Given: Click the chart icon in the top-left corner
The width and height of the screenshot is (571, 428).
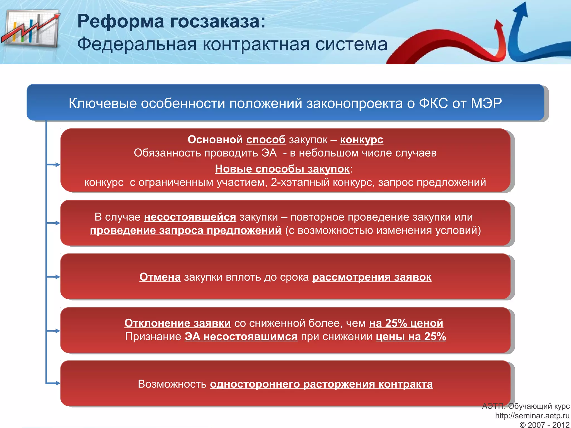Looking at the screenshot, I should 31,29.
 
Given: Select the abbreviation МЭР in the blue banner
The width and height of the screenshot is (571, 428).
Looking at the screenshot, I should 486,103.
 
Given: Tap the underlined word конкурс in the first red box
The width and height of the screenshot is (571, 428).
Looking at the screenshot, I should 361,140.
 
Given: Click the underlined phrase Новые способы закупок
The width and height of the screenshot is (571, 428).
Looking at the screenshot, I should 282,169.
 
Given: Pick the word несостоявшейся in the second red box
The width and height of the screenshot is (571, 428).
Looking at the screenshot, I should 190,217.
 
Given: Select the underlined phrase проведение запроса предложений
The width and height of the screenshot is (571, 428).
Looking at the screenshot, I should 186,230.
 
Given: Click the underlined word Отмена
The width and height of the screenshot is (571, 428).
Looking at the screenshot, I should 160,277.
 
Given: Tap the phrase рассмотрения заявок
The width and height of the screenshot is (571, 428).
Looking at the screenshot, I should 372,277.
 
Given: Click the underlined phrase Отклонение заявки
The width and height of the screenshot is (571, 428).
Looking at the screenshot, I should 178,323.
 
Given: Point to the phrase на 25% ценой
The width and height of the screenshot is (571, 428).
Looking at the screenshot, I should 406,323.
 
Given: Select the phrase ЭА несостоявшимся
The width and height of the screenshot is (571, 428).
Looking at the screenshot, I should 241,337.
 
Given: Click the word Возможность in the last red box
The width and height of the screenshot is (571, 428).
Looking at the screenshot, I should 172,384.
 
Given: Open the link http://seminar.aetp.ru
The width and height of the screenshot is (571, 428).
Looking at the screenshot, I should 532,416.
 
